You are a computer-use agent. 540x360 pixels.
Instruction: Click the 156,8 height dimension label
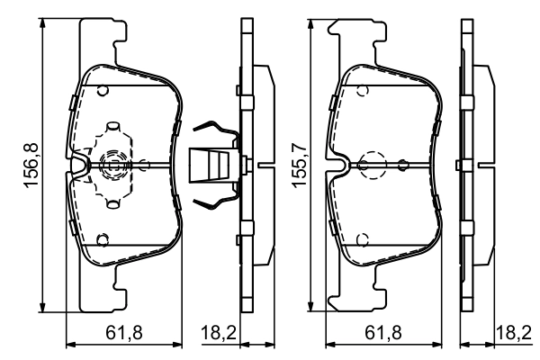(x=30, y=164)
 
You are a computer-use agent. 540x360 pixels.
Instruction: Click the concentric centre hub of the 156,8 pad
(x=112, y=165)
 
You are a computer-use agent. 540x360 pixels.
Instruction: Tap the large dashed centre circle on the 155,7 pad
(x=371, y=165)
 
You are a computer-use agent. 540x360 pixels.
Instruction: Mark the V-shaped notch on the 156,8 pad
(x=78, y=165)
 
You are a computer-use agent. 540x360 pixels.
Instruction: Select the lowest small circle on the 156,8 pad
(x=103, y=239)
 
